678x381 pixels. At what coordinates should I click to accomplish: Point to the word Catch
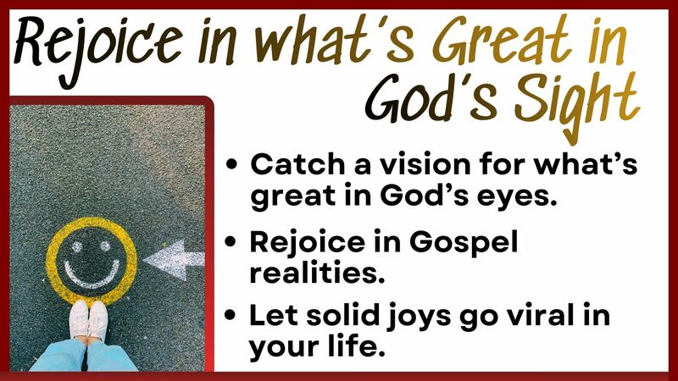(292, 168)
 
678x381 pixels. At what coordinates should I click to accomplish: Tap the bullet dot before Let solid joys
(232, 319)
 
